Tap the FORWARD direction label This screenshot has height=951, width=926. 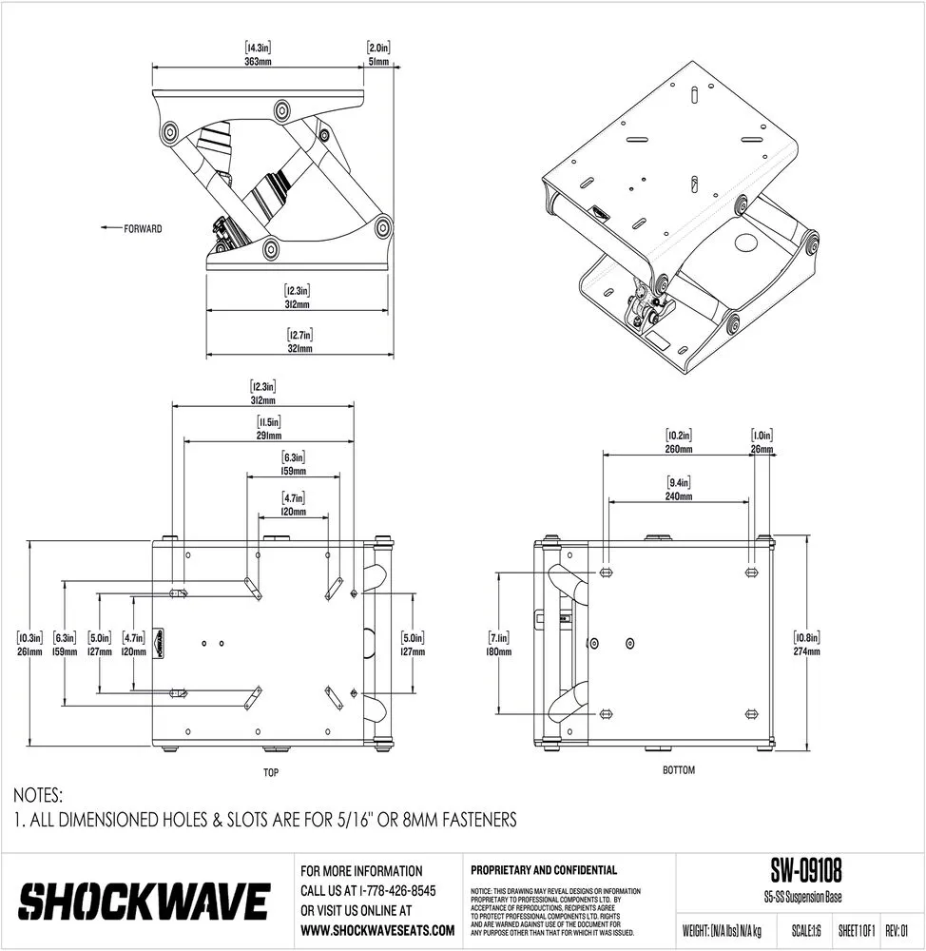(142, 228)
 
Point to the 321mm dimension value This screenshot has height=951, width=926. (300, 349)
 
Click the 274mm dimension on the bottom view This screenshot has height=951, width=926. (806, 652)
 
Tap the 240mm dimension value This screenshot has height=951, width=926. (679, 496)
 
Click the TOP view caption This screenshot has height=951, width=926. (272, 773)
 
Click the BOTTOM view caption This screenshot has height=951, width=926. (679, 769)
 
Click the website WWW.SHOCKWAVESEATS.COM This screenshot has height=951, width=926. (376, 929)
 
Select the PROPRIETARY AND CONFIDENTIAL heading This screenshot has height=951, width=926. (544, 870)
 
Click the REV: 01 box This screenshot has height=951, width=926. (898, 930)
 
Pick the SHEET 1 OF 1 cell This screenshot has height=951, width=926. (856, 930)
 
